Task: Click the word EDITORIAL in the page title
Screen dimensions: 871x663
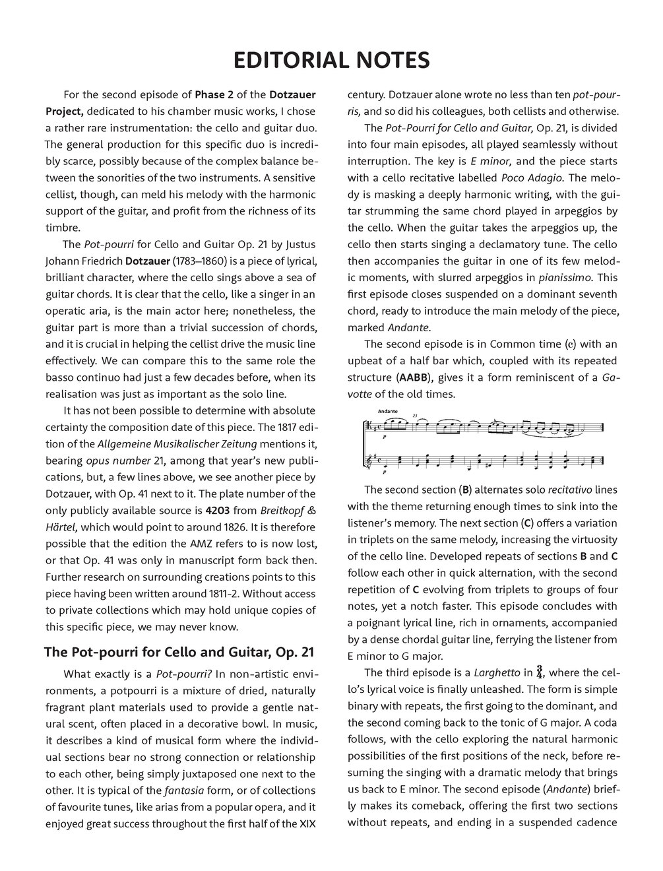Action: coord(288,61)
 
